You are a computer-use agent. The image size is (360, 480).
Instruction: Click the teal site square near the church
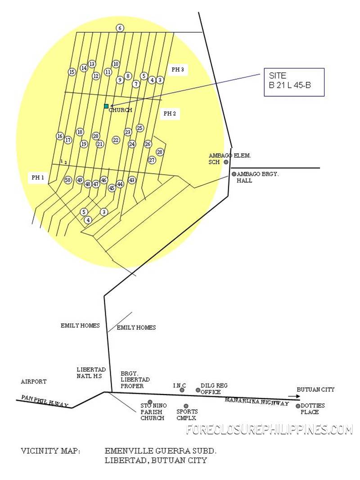point(106,106)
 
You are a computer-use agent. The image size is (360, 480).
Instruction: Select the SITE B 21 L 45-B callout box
point(294,82)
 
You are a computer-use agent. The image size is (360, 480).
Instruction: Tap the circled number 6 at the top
point(120,28)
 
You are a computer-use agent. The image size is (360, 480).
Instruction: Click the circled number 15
point(72,72)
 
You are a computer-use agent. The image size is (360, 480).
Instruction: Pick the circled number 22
point(116,140)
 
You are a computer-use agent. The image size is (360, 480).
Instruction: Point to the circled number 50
point(68,180)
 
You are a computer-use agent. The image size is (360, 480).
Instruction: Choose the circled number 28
point(160,152)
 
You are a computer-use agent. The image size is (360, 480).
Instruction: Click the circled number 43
point(132,180)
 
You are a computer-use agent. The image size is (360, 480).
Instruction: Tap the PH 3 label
point(178,69)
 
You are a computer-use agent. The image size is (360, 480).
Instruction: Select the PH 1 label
point(38,178)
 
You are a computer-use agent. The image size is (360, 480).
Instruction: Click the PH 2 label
point(170,113)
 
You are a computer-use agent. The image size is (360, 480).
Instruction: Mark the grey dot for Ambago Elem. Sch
point(226,162)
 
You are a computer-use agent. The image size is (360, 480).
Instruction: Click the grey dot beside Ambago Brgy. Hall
point(234,174)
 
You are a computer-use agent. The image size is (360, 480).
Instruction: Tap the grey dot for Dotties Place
point(298,406)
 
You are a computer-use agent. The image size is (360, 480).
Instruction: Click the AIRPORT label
point(34,382)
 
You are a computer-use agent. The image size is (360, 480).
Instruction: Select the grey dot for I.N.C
point(182,390)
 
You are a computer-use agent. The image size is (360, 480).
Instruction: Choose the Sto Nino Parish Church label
point(153,412)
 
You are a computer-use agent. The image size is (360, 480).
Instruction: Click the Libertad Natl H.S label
point(91,373)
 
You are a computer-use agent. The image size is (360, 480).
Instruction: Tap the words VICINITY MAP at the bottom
point(50,451)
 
